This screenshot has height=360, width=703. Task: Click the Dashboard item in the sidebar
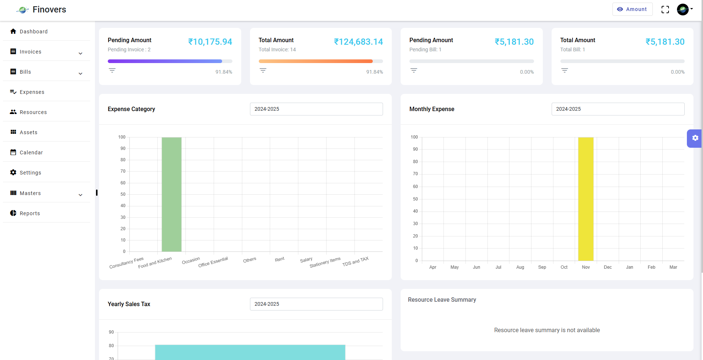[33, 32]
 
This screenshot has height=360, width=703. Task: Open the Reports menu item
[30, 213]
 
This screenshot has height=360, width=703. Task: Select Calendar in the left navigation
[31, 153]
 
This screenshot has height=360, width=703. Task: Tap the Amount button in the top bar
[632, 9]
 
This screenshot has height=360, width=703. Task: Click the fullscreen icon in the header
[665, 10]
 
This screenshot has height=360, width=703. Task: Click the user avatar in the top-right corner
[683, 10]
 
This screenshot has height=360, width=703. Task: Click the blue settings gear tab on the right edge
[695, 138]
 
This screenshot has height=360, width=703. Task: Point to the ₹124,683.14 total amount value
[358, 42]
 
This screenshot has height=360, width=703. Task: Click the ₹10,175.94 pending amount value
[210, 42]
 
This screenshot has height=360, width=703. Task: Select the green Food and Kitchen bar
[172, 194]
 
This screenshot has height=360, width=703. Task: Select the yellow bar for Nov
[586, 199]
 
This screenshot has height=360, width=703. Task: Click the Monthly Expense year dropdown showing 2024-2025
[618, 109]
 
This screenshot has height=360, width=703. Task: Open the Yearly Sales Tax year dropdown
[316, 304]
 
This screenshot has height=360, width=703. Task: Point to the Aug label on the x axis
[520, 267]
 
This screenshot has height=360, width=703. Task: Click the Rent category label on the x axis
[280, 260]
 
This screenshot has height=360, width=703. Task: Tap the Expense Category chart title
[131, 109]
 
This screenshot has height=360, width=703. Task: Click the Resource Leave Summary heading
[442, 300]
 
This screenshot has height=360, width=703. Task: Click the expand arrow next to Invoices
[81, 54]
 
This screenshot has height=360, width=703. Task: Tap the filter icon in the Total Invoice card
[263, 70]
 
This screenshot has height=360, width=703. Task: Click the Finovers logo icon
[22, 10]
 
